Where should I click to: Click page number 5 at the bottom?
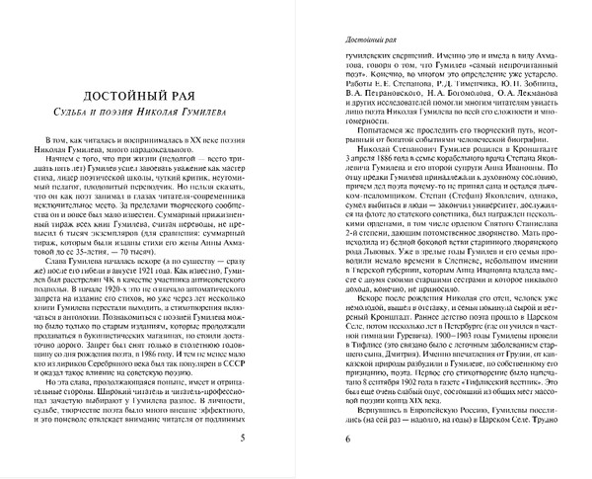click(258, 437)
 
